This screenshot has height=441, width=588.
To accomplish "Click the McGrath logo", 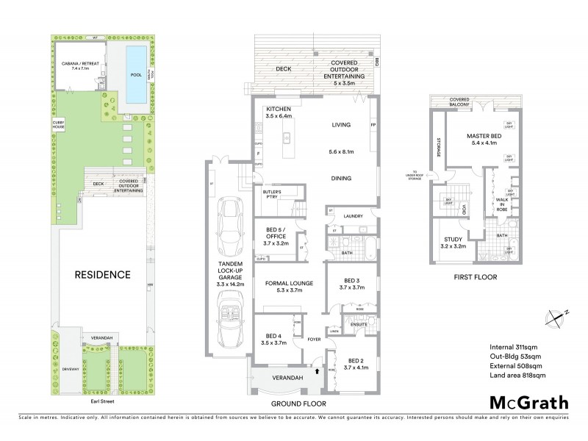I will pos(528,402).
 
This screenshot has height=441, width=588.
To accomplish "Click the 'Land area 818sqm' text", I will pos(517,375).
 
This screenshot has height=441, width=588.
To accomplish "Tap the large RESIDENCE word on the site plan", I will pos(102,275).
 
